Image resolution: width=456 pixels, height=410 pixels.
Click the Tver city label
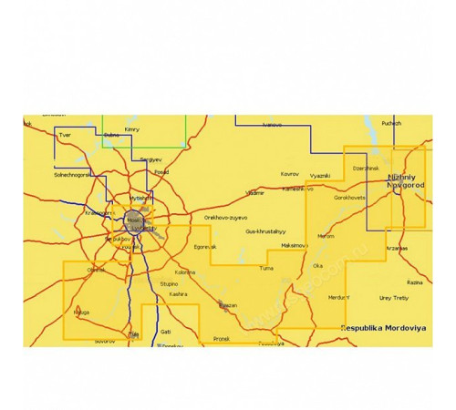[x=64, y=136]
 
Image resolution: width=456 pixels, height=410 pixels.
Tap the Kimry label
[x=132, y=130]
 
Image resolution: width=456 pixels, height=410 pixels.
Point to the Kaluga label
[x=79, y=312]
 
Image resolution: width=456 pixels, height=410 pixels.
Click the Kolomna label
[x=184, y=272]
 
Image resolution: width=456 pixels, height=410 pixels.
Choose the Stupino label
[x=170, y=284]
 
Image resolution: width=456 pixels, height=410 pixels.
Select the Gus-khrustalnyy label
[x=265, y=232]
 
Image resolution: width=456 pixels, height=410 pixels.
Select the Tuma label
[x=267, y=270]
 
